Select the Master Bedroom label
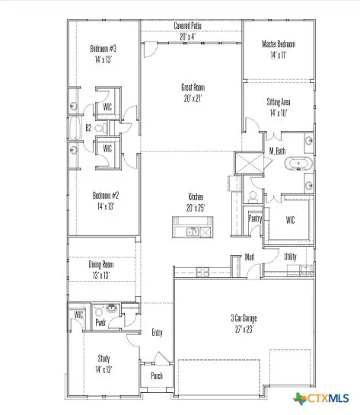pyautogui.click(x=279, y=49)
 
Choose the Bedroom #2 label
pyautogui.click(x=106, y=200)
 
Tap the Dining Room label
pyautogui.click(x=101, y=269)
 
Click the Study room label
pyautogui.click(x=104, y=362)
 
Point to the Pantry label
pyautogui.click(x=256, y=219)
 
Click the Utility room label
pyautogui.click(x=291, y=257)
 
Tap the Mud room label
pyautogui.click(x=249, y=257)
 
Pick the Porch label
pyautogui.click(x=157, y=376)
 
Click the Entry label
pyautogui.click(x=157, y=332)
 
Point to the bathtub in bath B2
pyautogui.click(x=75, y=129)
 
